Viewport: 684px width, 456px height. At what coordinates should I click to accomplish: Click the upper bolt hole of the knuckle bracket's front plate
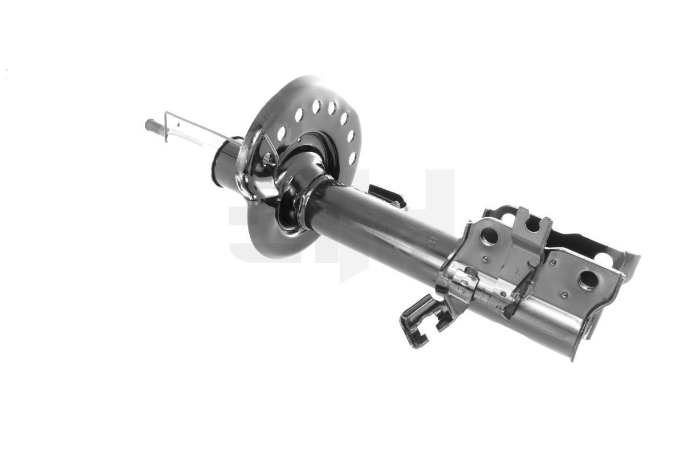[x=489, y=237]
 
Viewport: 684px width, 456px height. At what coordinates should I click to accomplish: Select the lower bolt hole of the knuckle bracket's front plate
[x=587, y=280]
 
